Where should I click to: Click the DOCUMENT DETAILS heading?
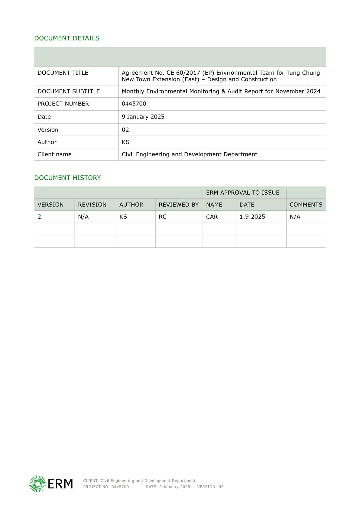[67, 38]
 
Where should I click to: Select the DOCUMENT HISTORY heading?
[67, 178]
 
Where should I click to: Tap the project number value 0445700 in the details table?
[134, 104]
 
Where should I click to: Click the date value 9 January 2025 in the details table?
[143, 117]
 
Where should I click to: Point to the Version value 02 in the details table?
[125, 130]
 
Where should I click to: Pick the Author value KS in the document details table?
[125, 142]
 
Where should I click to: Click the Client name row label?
[54, 154]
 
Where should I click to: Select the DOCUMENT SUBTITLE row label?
[69, 91]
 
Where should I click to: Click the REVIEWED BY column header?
[179, 205]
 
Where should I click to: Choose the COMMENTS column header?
[306, 205]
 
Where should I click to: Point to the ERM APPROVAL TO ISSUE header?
[243, 193]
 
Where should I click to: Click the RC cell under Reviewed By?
[163, 217]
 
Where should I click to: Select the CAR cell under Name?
[212, 217]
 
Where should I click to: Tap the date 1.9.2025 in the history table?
[252, 217]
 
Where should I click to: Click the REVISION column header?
[92, 205]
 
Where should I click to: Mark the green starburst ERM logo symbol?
[37, 484]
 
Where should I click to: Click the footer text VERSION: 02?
[210, 487]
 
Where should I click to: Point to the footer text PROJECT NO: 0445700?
[106, 487]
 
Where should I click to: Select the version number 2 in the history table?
[39, 217]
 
